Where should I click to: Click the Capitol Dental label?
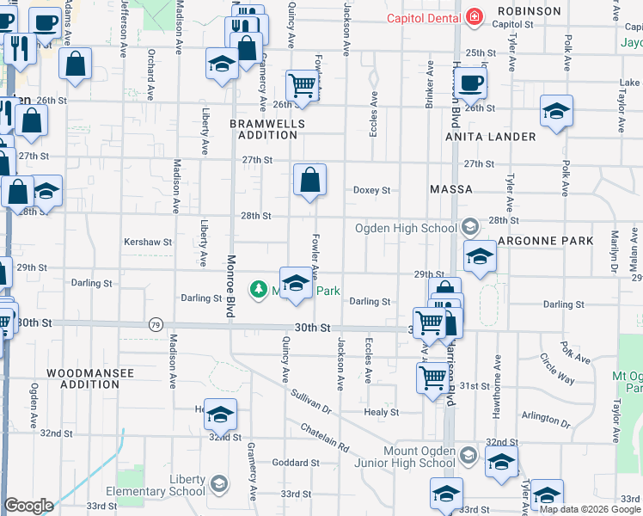[x=423, y=17]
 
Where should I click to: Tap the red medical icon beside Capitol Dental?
[x=473, y=16]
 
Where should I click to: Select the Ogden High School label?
[x=407, y=228]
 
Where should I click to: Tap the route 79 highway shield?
[x=155, y=324]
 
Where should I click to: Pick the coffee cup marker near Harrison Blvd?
[x=469, y=84]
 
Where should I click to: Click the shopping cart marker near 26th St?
[x=303, y=85]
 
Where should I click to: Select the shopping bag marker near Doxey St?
[x=309, y=180]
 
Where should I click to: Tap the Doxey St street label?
[x=372, y=190]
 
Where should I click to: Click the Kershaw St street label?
[x=149, y=243]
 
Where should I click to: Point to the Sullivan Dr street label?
[x=312, y=402]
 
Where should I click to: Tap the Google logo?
[x=29, y=506]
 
